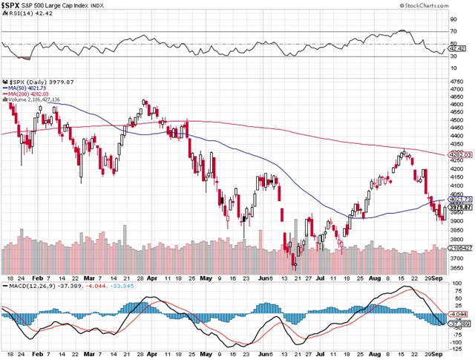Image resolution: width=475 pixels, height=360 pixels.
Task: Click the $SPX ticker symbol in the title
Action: pos(11,6)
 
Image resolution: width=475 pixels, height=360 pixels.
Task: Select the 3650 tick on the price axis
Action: pos(458,268)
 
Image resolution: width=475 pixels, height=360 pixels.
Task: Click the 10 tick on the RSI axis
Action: pos(453,68)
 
